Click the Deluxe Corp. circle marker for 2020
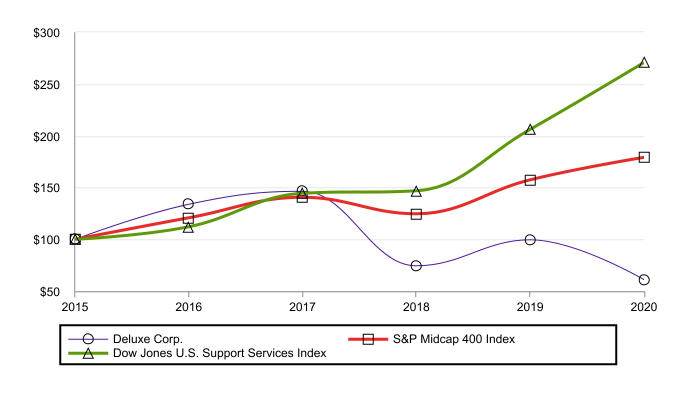pyautogui.click(x=644, y=279)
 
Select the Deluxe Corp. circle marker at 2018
pyautogui.click(x=416, y=265)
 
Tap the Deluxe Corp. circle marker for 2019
pyautogui.click(x=530, y=240)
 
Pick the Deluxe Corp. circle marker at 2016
pyautogui.click(x=188, y=203)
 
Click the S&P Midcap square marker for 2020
pyautogui.click(x=644, y=157)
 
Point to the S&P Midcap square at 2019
pyautogui.click(x=530, y=180)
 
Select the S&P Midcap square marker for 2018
pyautogui.click(x=416, y=214)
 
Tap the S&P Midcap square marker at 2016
pyautogui.click(x=188, y=218)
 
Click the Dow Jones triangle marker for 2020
pyautogui.click(x=644, y=63)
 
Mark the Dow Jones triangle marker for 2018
pyautogui.click(x=416, y=191)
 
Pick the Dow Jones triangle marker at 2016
pyautogui.click(x=188, y=227)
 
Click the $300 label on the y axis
pyautogui.click(x=46, y=33)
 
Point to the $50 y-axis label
pyautogui.click(x=49, y=291)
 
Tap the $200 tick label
pyautogui.click(x=46, y=136)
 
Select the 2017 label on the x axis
pyautogui.click(x=302, y=306)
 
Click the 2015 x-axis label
pyautogui.click(x=74, y=306)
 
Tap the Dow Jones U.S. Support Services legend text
pyautogui.click(x=219, y=353)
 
